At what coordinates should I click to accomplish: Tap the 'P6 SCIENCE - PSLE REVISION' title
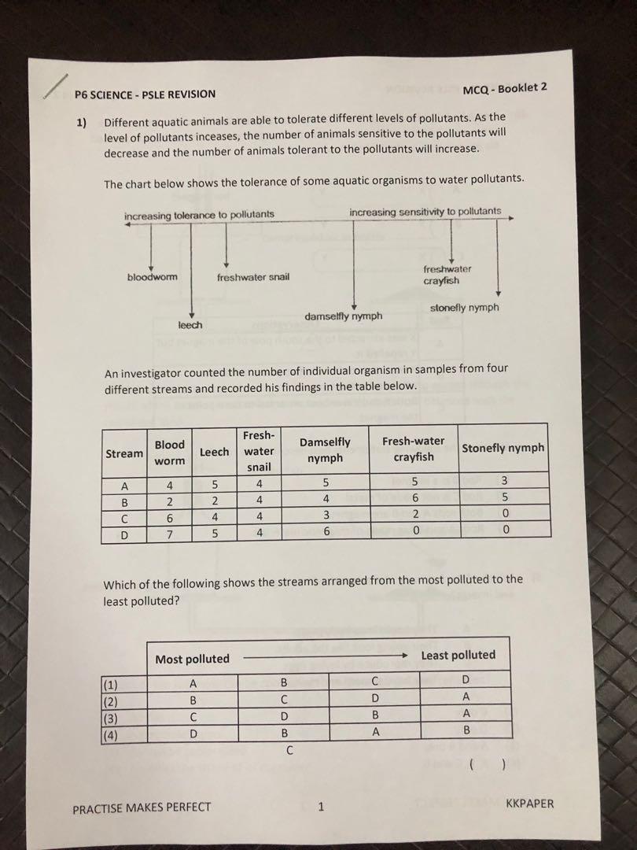pos(145,94)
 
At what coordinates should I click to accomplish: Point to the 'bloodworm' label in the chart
pos(152,277)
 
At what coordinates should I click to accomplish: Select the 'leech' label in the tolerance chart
pos(190,325)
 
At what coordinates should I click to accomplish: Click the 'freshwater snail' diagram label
pos(252,277)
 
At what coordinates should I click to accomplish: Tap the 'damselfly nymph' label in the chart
pos(343,316)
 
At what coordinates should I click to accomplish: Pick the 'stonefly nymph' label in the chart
pos(464,308)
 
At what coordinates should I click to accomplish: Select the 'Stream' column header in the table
pos(124,453)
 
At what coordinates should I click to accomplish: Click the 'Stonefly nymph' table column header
pos(503,448)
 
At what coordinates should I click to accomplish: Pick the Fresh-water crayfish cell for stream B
pos(413,499)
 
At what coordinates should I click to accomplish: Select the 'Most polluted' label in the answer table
pos(192,659)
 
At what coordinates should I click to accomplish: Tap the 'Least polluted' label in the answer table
pos(458,655)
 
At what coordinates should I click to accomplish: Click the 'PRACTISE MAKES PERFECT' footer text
pos(142,807)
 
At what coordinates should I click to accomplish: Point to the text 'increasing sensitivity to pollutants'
pos(425,212)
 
